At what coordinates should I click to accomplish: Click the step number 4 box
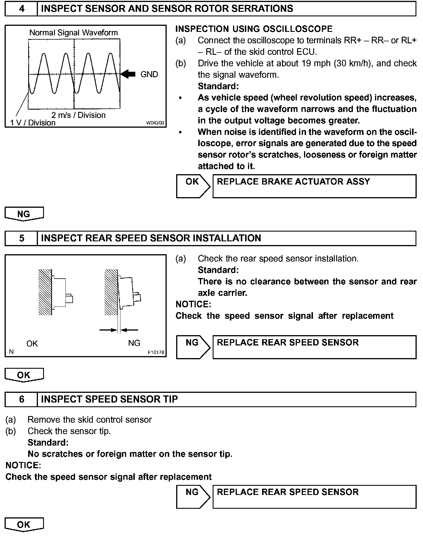pos(22,9)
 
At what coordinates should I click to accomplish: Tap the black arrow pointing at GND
pos(128,74)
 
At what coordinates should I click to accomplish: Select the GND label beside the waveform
pos(149,75)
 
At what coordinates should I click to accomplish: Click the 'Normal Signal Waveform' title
pos(74,33)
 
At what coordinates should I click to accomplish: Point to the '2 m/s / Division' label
pos(78,115)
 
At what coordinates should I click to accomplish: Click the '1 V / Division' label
pos(33,123)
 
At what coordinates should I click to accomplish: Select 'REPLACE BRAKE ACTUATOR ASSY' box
pos(314,186)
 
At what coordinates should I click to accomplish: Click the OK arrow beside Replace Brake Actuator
pos(193,186)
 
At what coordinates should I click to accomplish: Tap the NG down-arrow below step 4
pos(24,214)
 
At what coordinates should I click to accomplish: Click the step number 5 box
pos(22,238)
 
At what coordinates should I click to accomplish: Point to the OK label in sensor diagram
pos(32,343)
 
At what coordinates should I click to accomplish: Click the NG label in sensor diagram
pos(134,343)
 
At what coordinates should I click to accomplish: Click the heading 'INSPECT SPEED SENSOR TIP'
pos(109,399)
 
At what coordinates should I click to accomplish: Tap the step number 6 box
pos(22,399)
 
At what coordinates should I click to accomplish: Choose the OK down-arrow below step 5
pos(24,375)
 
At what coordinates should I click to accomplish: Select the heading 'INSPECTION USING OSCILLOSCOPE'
pos(254,29)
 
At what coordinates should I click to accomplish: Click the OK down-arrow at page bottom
pos(24,525)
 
